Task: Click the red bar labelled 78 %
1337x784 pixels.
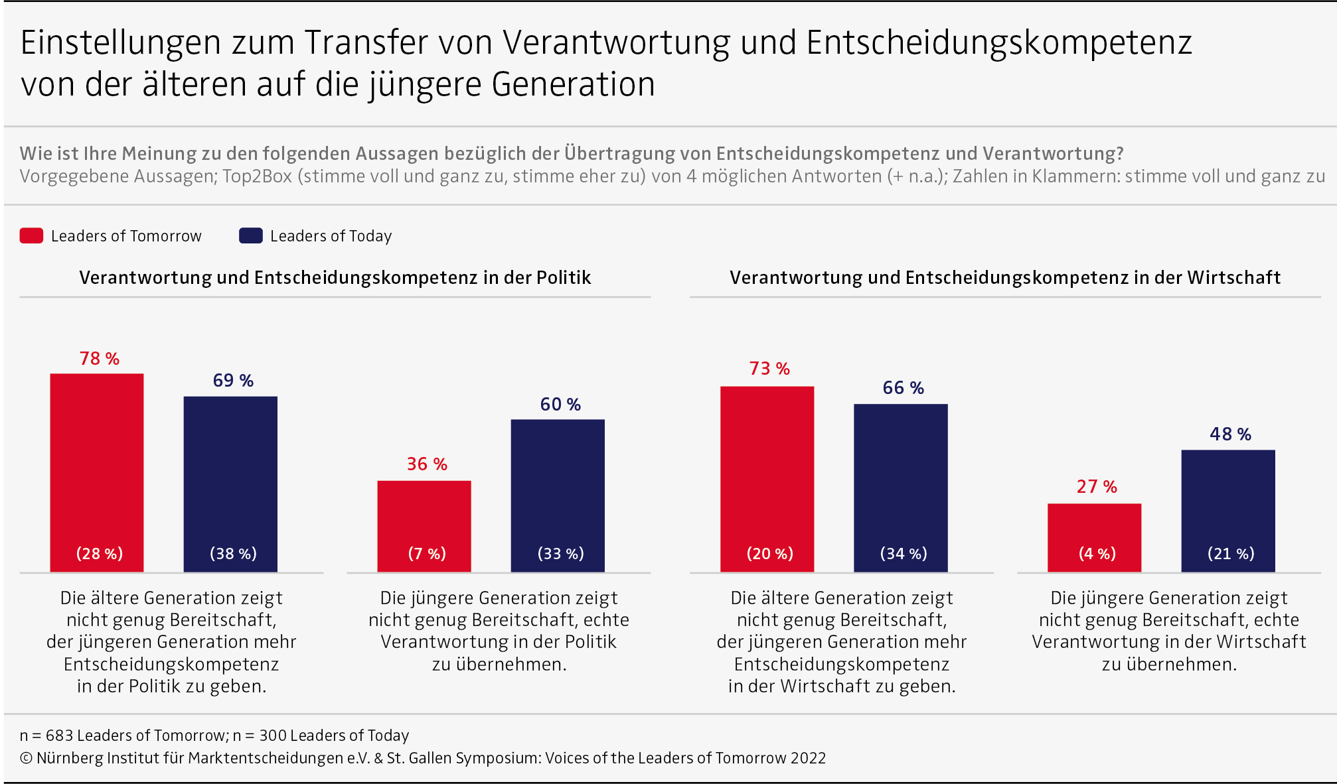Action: (97, 464)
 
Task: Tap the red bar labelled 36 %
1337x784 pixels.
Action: (424, 517)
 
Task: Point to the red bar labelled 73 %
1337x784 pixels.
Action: (767, 471)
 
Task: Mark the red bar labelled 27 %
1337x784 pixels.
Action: (1094, 527)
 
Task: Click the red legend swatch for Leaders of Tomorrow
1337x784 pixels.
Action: (31, 235)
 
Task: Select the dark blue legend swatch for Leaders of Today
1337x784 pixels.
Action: (251, 235)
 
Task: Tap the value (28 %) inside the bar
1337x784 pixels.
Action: (100, 554)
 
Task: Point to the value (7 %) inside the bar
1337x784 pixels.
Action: (427, 554)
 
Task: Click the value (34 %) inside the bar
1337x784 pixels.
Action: (904, 554)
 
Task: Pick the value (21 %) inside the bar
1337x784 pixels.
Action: (1231, 554)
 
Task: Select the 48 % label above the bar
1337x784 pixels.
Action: (1230, 434)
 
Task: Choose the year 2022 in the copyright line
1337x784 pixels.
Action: (808, 758)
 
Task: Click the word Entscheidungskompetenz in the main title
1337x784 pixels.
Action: (999, 42)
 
